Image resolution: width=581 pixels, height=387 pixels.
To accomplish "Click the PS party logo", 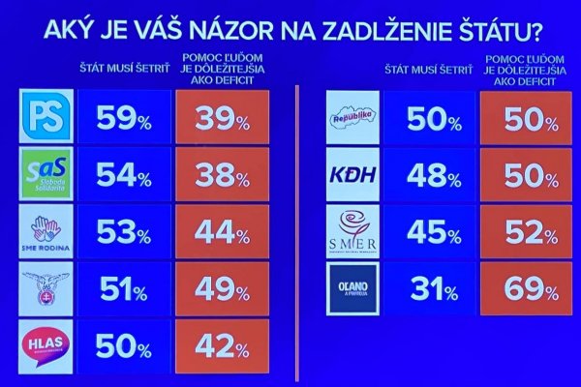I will coord(46,116).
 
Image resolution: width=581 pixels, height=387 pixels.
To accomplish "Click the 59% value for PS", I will coord(123,118).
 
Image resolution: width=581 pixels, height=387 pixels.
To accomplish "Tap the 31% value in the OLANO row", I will coord(431,288).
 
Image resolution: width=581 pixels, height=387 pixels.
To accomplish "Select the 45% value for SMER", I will coord(431,232).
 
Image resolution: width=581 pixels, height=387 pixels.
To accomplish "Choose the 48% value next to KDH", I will coord(431,176).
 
